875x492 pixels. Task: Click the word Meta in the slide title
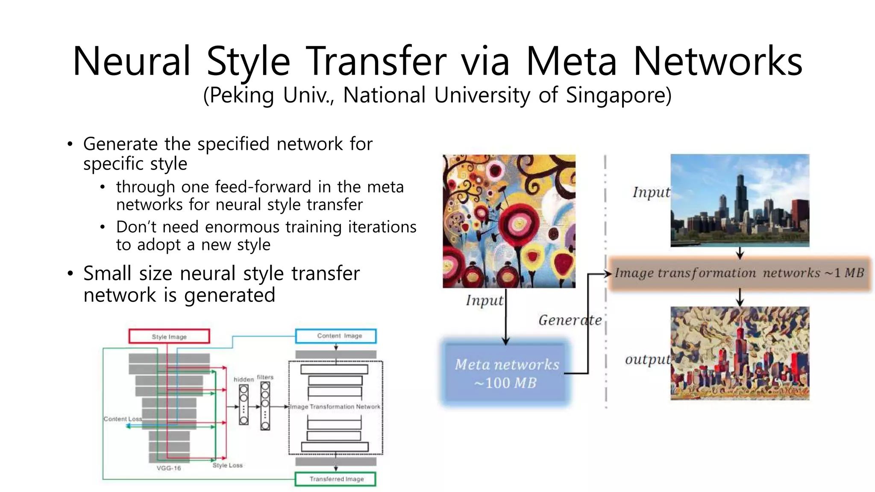tap(571, 61)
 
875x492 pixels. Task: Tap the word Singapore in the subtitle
tap(618, 95)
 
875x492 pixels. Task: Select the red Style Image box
tap(169, 336)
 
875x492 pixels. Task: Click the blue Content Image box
tap(336, 336)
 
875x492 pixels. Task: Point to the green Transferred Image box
tap(336, 479)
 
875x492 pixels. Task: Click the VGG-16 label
tap(169, 468)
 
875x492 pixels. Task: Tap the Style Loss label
tap(227, 465)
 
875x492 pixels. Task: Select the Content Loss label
tap(122, 419)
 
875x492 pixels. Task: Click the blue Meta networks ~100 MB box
tap(506, 373)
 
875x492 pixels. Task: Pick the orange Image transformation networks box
tap(739, 273)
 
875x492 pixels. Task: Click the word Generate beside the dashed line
tap(570, 320)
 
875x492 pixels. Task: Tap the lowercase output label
tap(647, 360)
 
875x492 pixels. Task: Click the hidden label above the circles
tap(244, 379)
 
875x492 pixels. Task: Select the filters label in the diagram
tap(265, 377)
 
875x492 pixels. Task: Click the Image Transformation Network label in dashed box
tap(335, 407)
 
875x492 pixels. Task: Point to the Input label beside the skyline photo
tap(651, 192)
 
